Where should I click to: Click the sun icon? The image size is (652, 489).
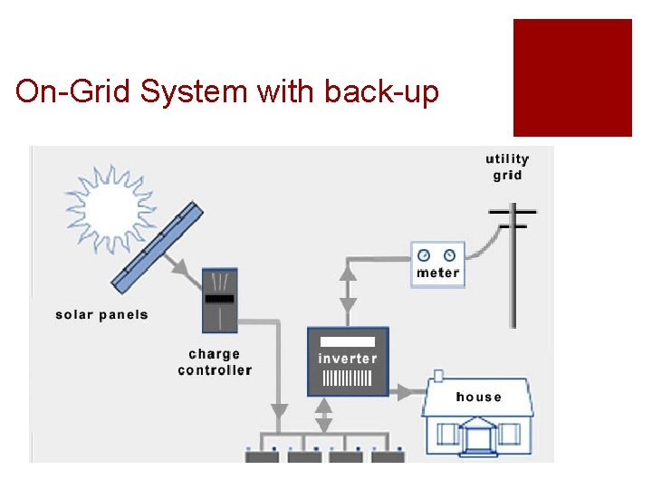tap(109, 206)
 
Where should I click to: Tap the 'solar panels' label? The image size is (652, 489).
tap(101, 315)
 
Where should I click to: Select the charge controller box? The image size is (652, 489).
tap(218, 299)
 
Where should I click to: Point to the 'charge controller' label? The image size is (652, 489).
tap(215, 362)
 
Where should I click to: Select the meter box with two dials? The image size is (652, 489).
tap(438, 264)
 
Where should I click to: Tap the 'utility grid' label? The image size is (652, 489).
tap(507, 168)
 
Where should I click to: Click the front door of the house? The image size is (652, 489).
tap(477, 439)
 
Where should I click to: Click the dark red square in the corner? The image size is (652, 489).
tap(572, 78)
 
